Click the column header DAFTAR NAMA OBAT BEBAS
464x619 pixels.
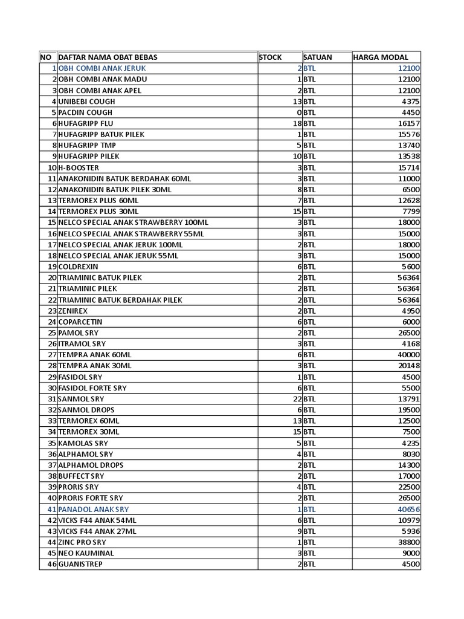108,57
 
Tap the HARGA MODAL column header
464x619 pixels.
381,57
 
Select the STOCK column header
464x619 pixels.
270,57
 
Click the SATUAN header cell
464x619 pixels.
318,57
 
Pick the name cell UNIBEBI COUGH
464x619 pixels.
86,102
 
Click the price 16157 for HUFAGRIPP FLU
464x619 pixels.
408,123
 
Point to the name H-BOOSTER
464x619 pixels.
79,167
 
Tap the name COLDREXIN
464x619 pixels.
78,267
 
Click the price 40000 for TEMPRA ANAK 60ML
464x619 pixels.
408,355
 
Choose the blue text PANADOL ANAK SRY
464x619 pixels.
94,509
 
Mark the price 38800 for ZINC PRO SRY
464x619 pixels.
408,542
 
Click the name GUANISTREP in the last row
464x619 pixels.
80,564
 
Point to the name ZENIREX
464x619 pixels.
73,311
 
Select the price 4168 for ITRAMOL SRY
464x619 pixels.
410,344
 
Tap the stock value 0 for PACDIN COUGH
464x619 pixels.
299,112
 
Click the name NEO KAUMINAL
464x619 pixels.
86,553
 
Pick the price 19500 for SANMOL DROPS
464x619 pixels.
408,410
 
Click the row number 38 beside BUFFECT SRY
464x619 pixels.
52,476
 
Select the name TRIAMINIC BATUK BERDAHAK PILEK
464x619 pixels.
120,300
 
